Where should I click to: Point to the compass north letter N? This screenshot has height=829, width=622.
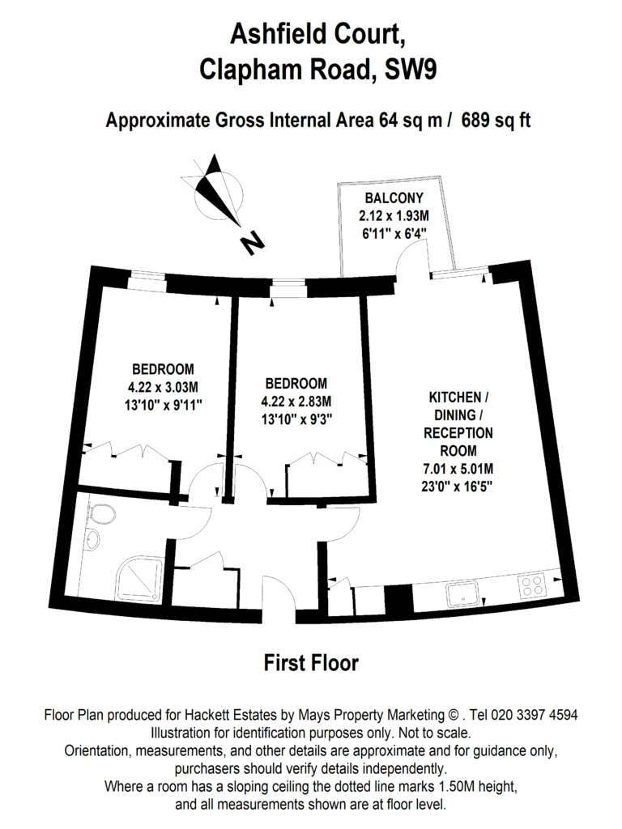click(x=253, y=242)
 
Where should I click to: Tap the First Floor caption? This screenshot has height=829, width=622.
click(x=311, y=664)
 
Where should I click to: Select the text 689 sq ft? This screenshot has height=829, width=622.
click(x=496, y=121)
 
